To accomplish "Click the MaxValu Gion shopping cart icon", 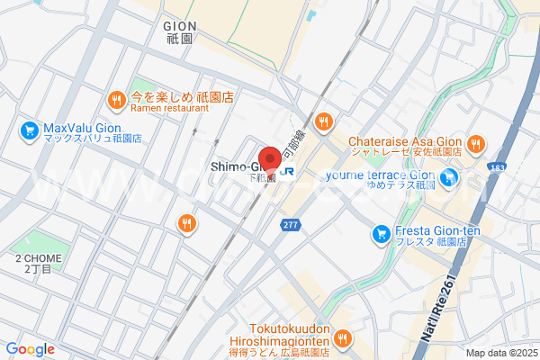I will (x=30, y=131).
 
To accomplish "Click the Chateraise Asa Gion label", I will (x=405, y=147).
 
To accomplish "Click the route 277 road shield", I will (x=289, y=225).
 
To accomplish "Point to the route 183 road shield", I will (x=521, y=168).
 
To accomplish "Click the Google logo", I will (x=31, y=349).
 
